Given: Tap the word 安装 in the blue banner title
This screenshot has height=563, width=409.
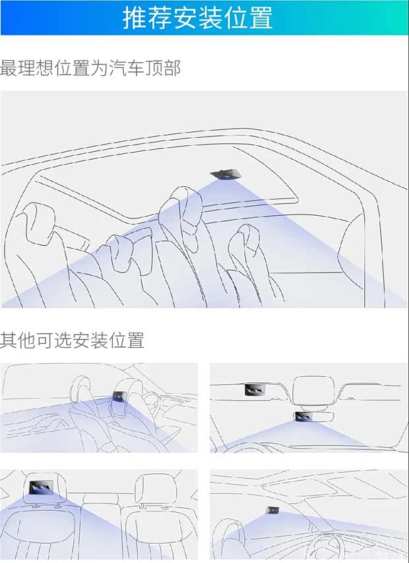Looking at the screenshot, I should [x=197, y=18].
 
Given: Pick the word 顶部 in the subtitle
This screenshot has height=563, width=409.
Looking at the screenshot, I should [x=162, y=68].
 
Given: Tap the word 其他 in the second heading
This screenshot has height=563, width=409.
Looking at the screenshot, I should [x=18, y=341].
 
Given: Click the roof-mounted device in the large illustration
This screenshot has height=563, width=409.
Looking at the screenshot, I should [x=226, y=175].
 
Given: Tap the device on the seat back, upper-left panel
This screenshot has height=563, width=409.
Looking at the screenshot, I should [x=120, y=397].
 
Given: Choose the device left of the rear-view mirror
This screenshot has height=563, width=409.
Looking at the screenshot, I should [x=255, y=389].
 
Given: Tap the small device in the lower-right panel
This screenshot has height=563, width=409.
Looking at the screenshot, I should [x=272, y=510].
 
